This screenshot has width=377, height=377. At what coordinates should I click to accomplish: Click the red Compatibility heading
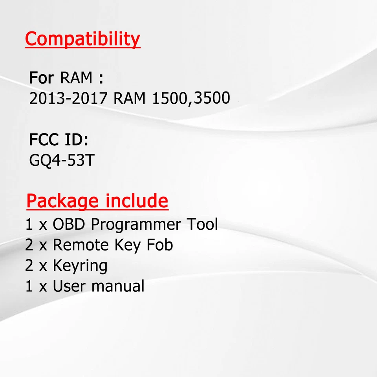pyautogui.click(x=82, y=39)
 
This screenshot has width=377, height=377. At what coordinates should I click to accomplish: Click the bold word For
pyautogui.click(x=41, y=78)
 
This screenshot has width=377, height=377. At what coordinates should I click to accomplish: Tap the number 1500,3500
pyautogui.click(x=190, y=98)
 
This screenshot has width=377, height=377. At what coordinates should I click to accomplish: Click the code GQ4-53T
pyautogui.click(x=62, y=161)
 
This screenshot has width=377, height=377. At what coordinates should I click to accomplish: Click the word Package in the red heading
pyautogui.click(x=62, y=201)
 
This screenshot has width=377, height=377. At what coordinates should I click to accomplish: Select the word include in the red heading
pyautogui.click(x=137, y=201)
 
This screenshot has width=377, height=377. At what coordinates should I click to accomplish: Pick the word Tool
pyautogui.click(x=202, y=225)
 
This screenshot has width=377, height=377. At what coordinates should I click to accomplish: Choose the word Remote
pyautogui.click(x=81, y=245)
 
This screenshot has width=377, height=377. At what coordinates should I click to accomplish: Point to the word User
pyautogui.click(x=70, y=286)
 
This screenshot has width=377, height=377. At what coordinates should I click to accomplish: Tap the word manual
pyautogui.click(x=118, y=286)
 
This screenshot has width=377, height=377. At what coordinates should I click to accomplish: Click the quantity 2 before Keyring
pyautogui.click(x=29, y=266)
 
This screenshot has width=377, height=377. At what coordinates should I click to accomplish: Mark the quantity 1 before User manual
pyautogui.click(x=29, y=286)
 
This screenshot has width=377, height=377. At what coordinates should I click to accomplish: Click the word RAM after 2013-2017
pyautogui.click(x=130, y=98)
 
